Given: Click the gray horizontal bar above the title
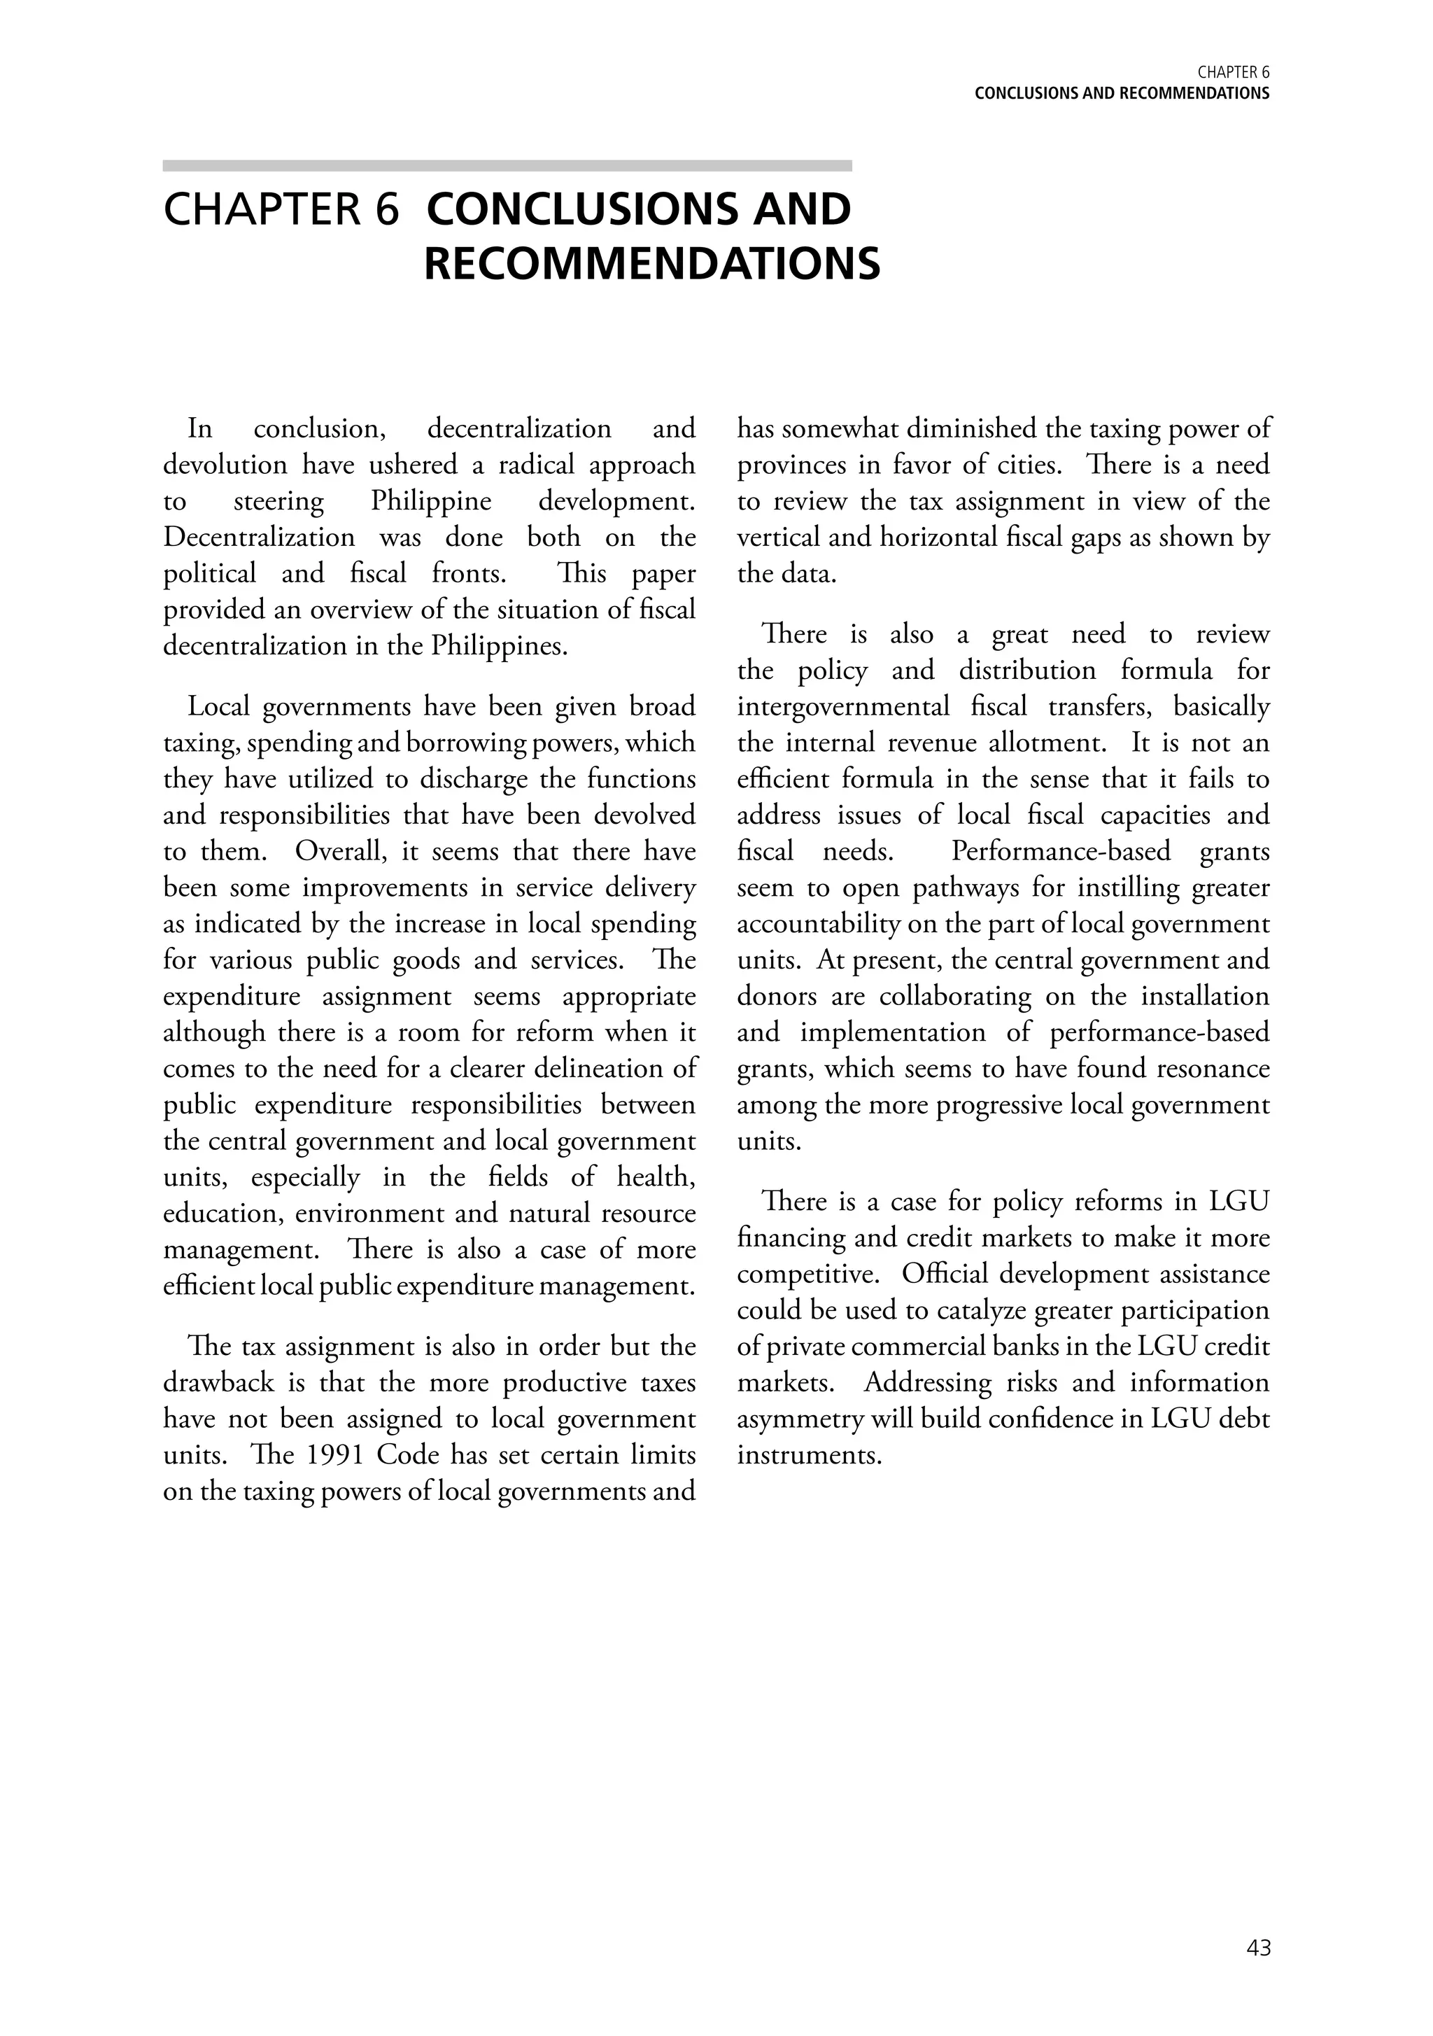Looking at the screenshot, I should [507, 166].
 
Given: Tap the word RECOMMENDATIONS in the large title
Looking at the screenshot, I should [651, 265].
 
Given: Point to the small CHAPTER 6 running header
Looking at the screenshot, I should [1234, 73].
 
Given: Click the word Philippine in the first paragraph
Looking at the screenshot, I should [431, 501].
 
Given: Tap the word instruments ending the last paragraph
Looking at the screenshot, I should [809, 1455].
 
